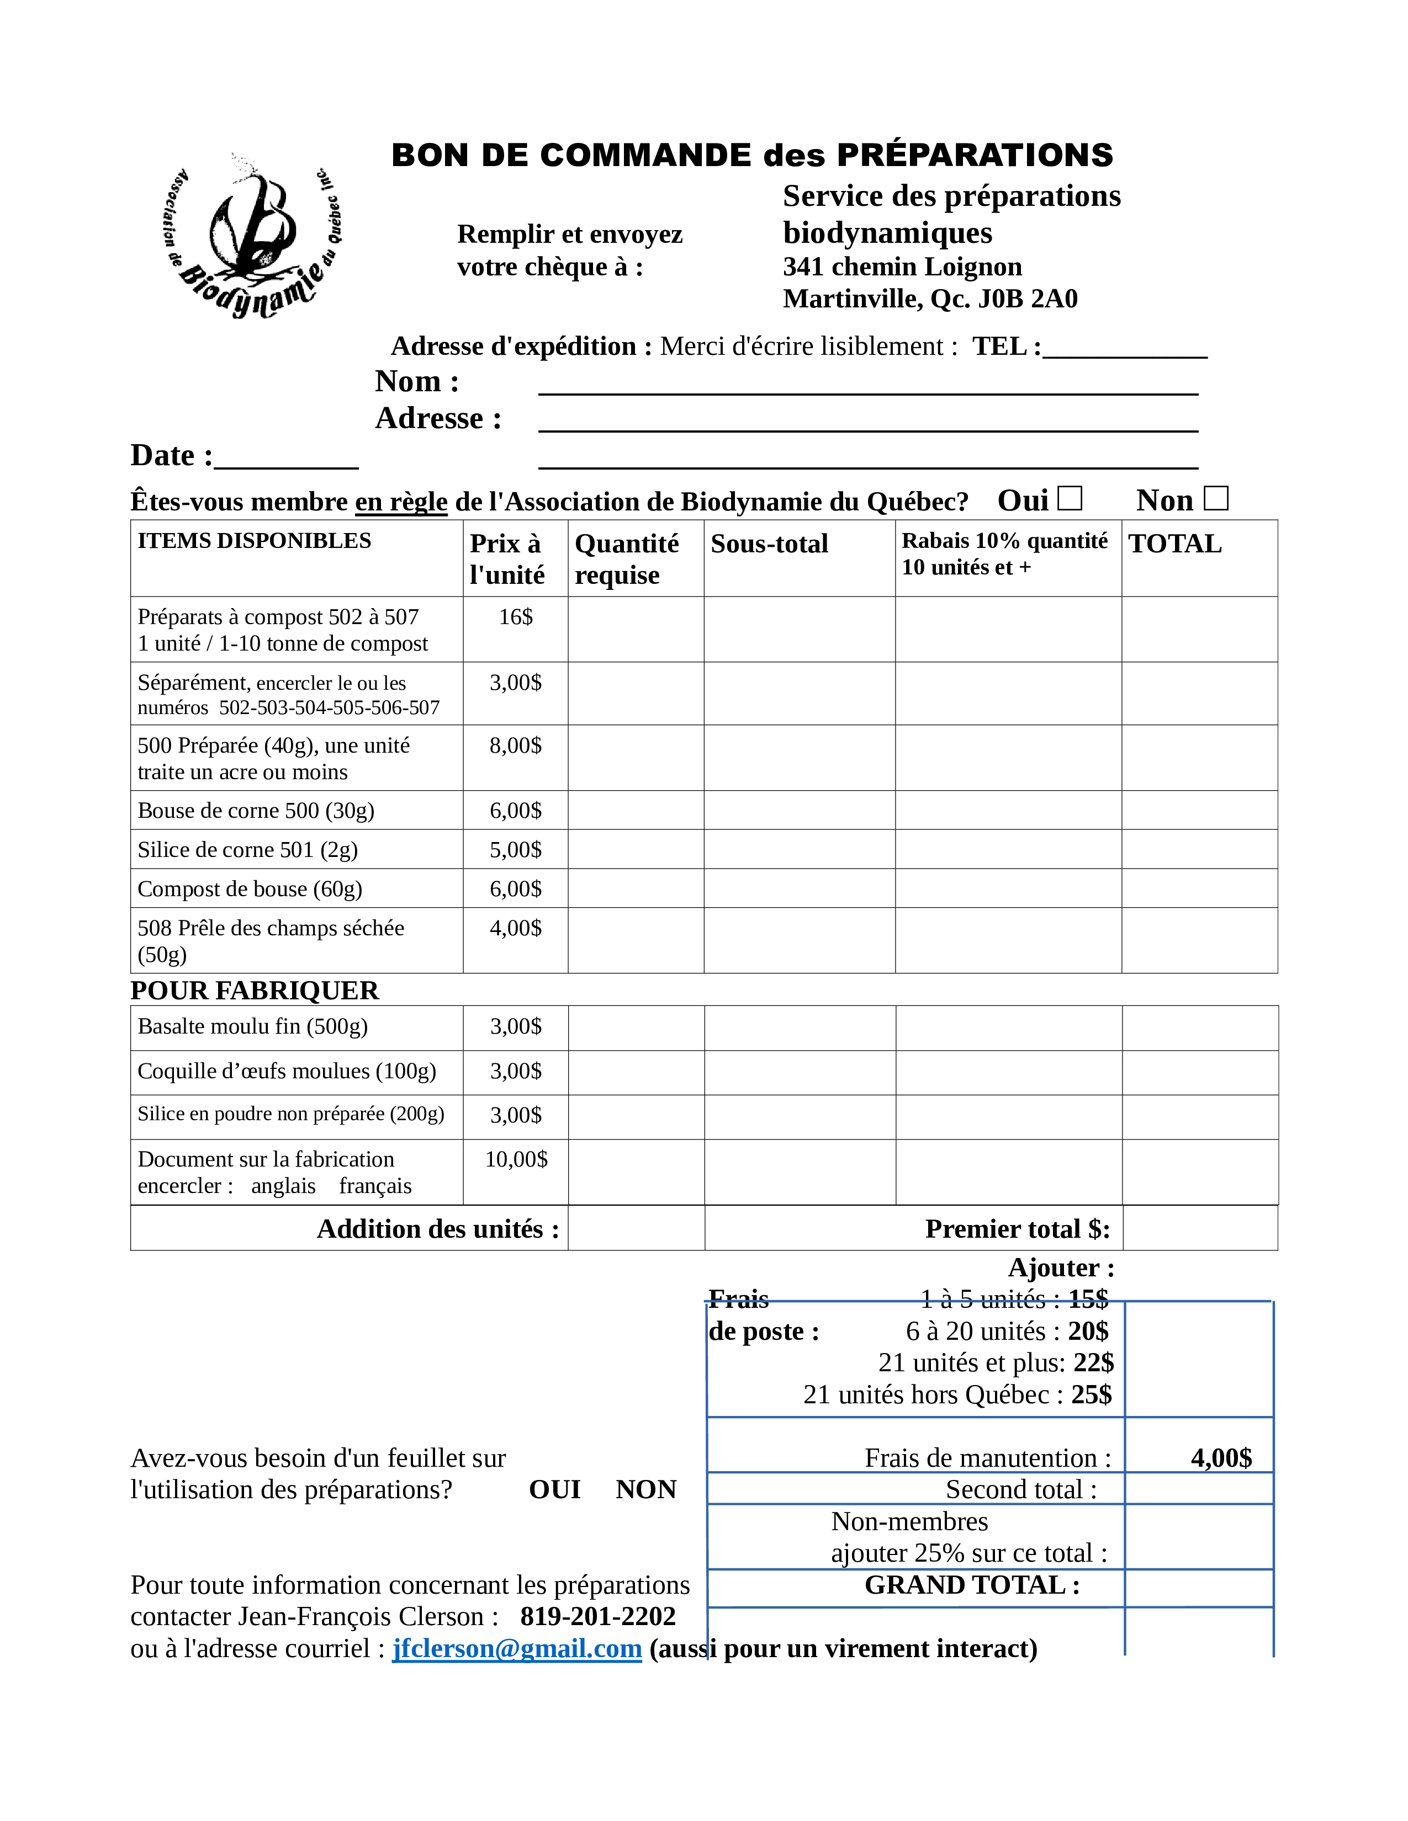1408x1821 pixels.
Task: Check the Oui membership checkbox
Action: [x=1070, y=499]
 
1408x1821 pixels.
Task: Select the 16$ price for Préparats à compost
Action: [x=516, y=617]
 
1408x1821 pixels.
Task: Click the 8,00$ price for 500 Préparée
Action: [x=516, y=746]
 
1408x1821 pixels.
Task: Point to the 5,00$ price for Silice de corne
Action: [x=516, y=850]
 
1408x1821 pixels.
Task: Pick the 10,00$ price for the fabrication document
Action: [x=516, y=1159]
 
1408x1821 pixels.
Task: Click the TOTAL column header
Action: [x=1174, y=544]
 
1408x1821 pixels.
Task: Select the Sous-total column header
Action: [x=769, y=544]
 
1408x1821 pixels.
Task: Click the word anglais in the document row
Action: [x=284, y=1186]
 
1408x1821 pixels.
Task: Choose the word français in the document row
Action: [x=375, y=1186]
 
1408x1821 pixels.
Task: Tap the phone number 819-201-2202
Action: [x=598, y=1616]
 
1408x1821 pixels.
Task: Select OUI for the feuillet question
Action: [x=555, y=1489]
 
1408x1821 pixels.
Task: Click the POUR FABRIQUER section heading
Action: [x=255, y=991]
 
